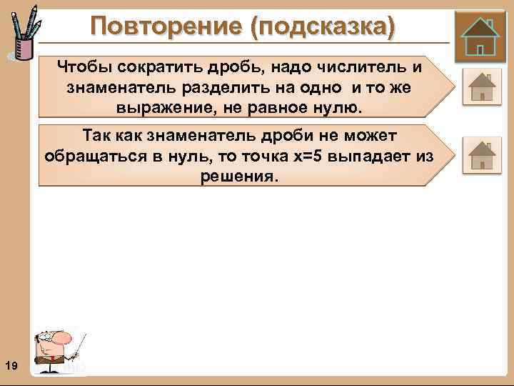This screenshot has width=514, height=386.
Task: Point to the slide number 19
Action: (x=11, y=366)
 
